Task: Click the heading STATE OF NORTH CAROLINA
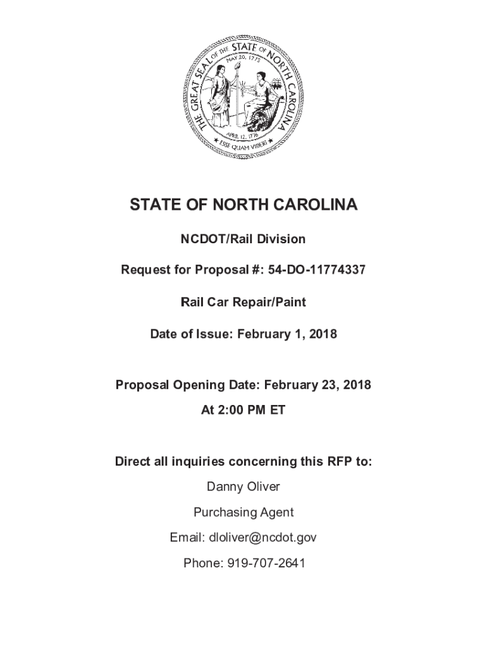244,205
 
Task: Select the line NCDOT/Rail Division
244,239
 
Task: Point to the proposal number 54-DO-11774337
317,270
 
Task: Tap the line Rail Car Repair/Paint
244,302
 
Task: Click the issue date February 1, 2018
287,334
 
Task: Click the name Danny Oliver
244,487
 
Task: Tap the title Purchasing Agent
244,512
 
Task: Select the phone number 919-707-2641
262,563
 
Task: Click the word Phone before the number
199,563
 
